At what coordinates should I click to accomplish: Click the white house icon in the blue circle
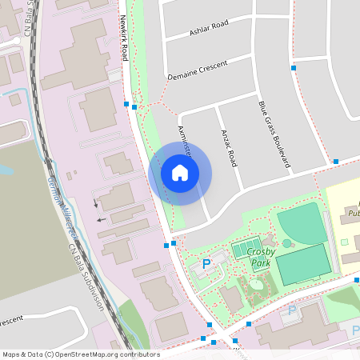point(180,172)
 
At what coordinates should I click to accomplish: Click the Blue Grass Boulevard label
point(273,133)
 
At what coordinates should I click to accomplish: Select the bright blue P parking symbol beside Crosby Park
point(206,264)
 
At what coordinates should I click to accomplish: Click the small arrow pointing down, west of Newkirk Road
point(96,202)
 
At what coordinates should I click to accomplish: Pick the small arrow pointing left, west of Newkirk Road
point(100,218)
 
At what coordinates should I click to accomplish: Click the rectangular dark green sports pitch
point(303,264)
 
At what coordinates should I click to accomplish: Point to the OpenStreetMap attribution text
point(81,354)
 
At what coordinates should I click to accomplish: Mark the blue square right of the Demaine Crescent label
point(294,69)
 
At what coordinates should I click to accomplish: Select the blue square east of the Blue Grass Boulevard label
point(336,162)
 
